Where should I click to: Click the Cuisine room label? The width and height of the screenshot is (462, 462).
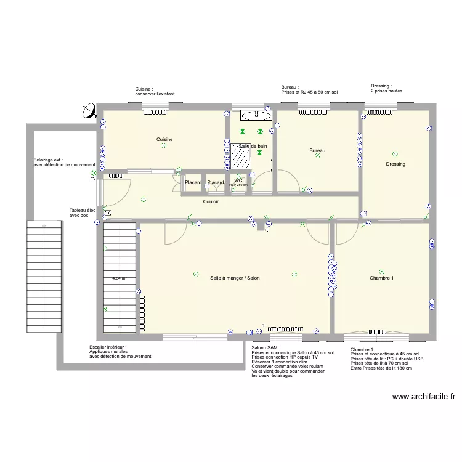click(x=164, y=140)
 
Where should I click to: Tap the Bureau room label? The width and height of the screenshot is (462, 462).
click(x=317, y=151)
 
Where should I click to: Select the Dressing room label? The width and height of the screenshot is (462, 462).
click(x=395, y=164)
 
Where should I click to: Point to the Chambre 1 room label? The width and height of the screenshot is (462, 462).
click(x=381, y=278)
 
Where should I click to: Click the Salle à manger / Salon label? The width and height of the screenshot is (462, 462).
click(x=235, y=278)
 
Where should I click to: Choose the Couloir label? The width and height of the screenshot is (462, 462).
click(x=211, y=201)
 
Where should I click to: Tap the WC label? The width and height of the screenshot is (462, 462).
click(x=238, y=180)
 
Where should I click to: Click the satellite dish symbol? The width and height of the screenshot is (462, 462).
click(x=89, y=111)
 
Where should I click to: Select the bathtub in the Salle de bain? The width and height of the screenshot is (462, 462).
click(x=255, y=115)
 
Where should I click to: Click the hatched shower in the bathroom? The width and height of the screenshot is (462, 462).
click(x=239, y=156)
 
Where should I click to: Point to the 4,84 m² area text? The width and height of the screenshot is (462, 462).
click(x=120, y=278)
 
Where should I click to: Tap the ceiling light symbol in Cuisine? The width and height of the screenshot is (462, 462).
click(x=163, y=147)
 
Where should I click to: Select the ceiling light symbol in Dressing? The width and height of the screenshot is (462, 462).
click(x=394, y=154)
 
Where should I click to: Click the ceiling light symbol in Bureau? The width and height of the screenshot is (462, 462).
click(x=318, y=156)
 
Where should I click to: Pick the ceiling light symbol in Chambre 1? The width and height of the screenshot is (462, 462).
click(x=382, y=270)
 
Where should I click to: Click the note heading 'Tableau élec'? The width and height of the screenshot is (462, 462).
click(x=83, y=211)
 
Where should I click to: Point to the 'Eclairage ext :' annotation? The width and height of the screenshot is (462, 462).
click(x=48, y=160)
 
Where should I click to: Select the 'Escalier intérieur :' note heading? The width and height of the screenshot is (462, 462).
click(x=108, y=347)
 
